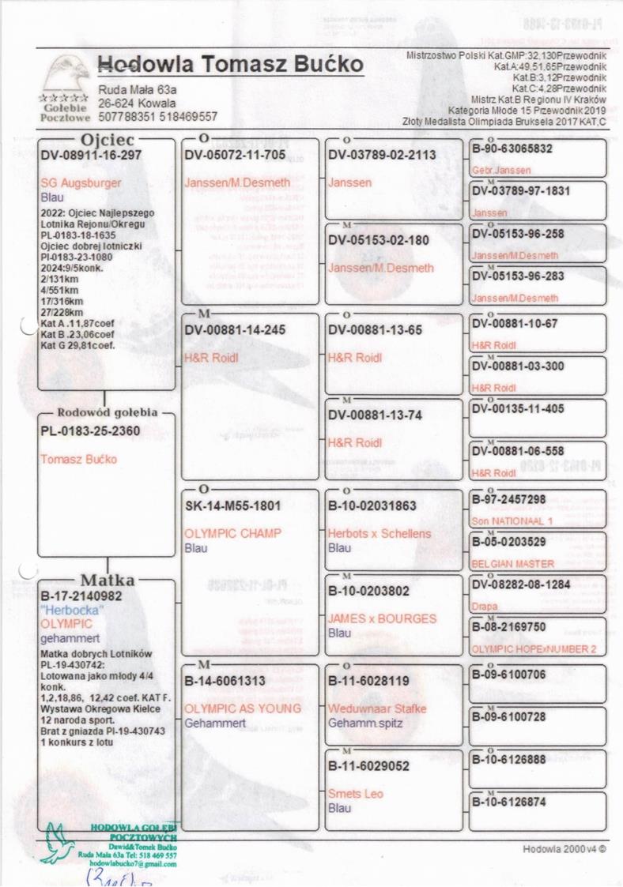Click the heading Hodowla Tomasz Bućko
pos(231,65)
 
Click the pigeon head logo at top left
pos(66,76)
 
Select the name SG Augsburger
pos(81,182)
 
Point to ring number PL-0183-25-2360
pos(90,430)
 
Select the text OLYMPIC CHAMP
pos(232,533)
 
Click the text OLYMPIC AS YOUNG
pos(243,708)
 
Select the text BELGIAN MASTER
pos(512,565)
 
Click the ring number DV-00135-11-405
pos(518,408)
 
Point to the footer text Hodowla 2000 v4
pos(564,849)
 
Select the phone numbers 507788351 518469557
pos(158,117)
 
